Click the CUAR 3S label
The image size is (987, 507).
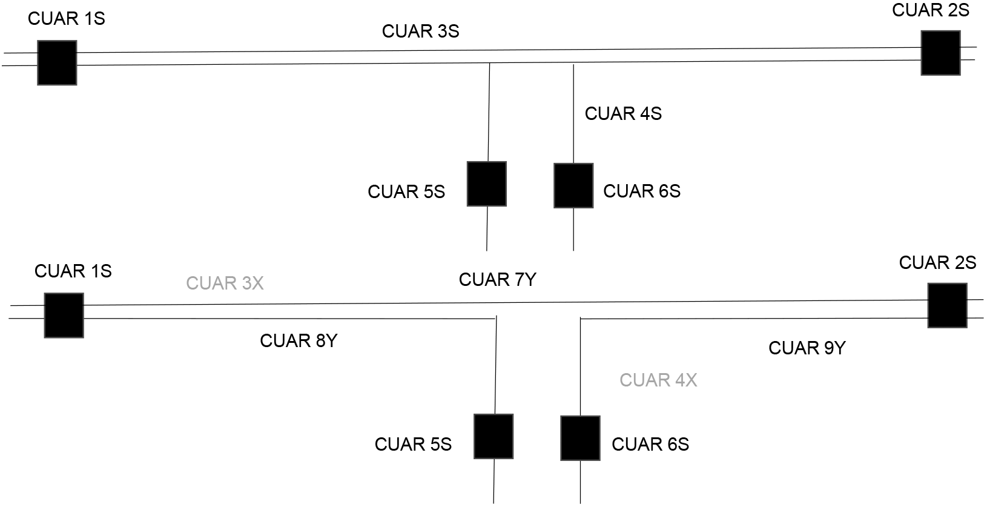(420, 31)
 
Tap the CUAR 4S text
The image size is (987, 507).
(623, 114)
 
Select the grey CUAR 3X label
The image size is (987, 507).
(225, 283)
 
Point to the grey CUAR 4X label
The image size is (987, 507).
(658, 380)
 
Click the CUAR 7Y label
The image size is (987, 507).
(497, 280)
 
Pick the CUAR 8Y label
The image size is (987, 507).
(299, 341)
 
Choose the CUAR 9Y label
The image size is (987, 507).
(807, 348)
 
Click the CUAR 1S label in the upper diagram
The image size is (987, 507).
(67, 19)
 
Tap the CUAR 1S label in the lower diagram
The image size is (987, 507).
(73, 271)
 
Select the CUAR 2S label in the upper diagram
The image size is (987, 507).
(931, 10)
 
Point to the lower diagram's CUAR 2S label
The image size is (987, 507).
(937, 263)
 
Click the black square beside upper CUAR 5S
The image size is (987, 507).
(487, 184)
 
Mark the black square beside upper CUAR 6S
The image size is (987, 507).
(573, 185)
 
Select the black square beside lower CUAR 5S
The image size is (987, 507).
(493, 436)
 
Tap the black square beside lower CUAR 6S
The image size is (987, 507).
(580, 438)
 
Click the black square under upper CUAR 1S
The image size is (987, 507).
(57, 63)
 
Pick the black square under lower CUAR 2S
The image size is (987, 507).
(947, 305)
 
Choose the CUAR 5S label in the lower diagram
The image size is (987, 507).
(413, 444)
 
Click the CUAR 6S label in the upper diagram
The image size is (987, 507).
(642, 191)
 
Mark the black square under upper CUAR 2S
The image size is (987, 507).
(940, 53)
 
